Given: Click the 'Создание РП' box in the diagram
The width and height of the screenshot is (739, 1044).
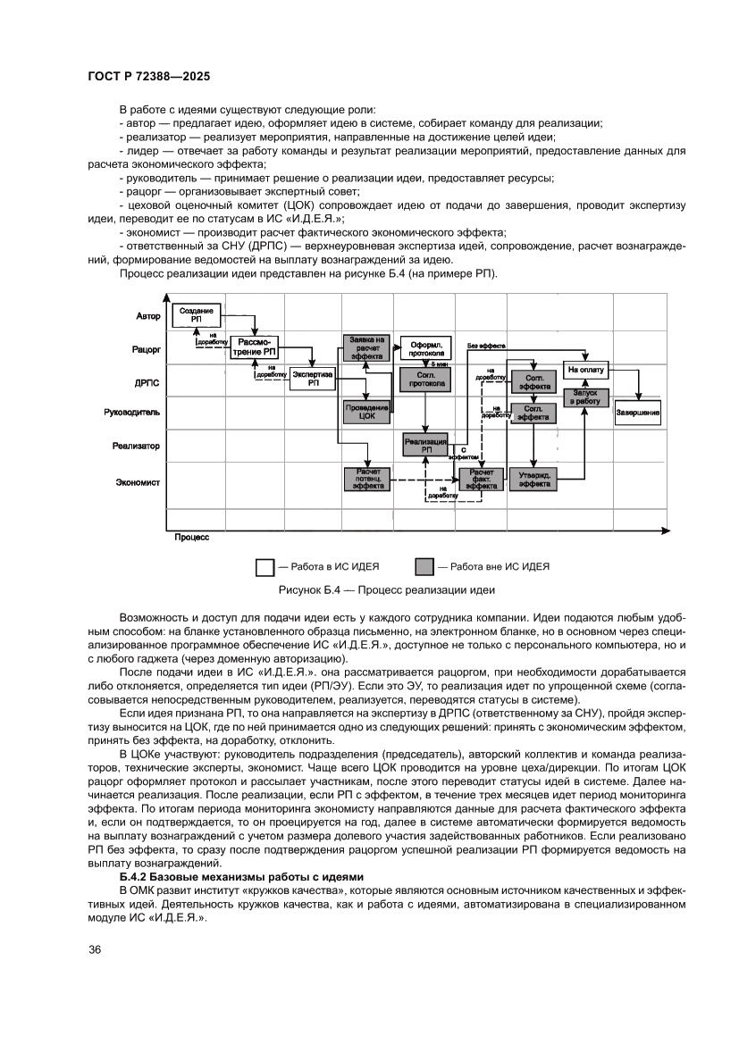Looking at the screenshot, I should [196, 314].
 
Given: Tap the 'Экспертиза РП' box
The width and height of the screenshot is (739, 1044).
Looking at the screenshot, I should [313, 379].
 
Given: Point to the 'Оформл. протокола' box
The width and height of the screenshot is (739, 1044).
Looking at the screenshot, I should [425, 347].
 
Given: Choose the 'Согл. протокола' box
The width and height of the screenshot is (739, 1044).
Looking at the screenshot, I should [425, 379].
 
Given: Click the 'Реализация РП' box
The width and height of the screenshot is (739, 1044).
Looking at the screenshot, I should [425, 444].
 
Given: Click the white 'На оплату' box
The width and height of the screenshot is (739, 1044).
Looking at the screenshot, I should [585, 368].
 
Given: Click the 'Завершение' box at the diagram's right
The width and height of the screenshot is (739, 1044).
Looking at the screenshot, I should [638, 412].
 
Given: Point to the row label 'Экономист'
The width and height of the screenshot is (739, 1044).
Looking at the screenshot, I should [138, 482].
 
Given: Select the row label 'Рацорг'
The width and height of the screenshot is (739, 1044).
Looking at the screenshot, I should [146, 350].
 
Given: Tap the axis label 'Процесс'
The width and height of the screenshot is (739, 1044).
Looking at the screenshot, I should [191, 538].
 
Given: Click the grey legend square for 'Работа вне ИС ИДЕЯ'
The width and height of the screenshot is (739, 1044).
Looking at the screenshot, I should [425, 566].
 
